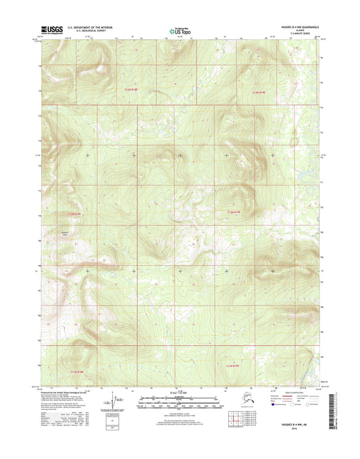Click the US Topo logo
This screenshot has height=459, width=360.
point(179,30)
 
